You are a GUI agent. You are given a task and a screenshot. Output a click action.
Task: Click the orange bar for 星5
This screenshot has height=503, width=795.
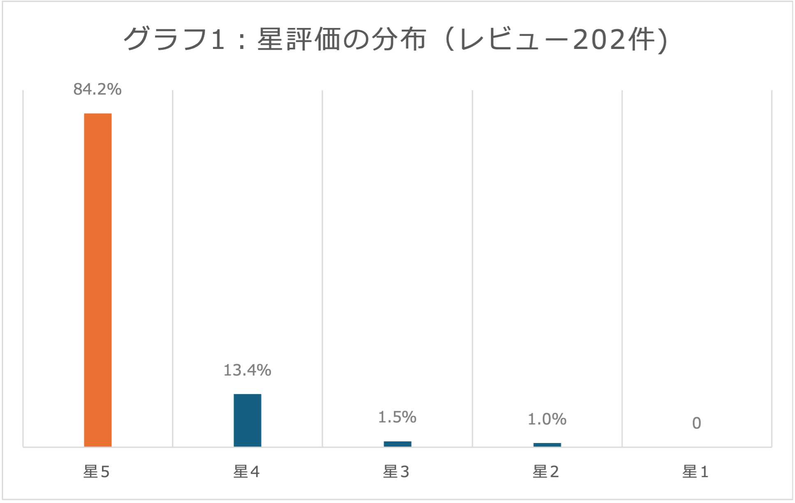pos(98,280)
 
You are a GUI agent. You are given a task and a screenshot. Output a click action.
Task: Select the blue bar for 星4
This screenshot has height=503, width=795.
pos(247,420)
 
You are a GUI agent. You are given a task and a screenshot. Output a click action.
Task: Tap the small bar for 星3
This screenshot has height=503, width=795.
pos(397,444)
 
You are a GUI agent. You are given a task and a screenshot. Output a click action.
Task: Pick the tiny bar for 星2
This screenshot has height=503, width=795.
pos(547,445)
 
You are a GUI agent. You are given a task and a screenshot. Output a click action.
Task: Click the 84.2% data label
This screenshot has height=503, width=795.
pos(97,89)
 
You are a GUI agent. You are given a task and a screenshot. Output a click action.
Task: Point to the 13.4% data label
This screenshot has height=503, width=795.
pos(247,370)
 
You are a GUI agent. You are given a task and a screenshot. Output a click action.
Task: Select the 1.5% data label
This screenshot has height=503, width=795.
pos(397,417)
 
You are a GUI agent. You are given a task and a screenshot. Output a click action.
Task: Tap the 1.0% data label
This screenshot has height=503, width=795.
pos(547,419)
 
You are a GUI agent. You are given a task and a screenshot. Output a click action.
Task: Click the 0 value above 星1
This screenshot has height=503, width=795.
pos(696,423)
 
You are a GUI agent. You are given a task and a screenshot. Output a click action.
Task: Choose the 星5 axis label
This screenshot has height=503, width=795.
pos(97,472)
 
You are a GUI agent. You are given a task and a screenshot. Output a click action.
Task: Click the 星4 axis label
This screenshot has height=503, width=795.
pos(247,472)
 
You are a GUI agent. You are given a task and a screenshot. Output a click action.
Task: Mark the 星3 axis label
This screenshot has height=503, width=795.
pos(396,472)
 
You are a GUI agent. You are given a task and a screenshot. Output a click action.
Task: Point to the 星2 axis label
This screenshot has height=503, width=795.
pos(546,472)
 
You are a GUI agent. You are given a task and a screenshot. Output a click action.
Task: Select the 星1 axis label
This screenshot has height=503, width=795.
pos(696,472)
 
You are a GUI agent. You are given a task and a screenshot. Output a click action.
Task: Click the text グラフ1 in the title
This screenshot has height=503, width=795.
pos(175,40)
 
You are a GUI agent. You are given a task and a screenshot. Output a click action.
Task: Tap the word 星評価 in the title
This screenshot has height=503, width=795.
pos(300,40)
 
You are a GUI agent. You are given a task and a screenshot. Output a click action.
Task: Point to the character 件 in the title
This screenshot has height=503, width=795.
pos(640,40)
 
